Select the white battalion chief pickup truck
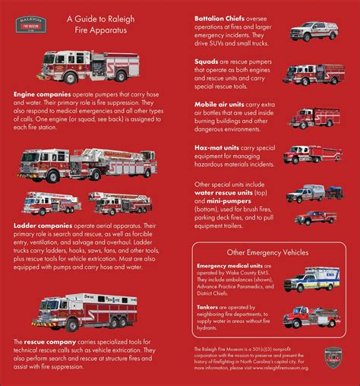(x=314, y=31)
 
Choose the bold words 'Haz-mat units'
(x=217, y=147)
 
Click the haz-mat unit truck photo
(x=312, y=154)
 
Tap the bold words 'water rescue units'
(x=226, y=192)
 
